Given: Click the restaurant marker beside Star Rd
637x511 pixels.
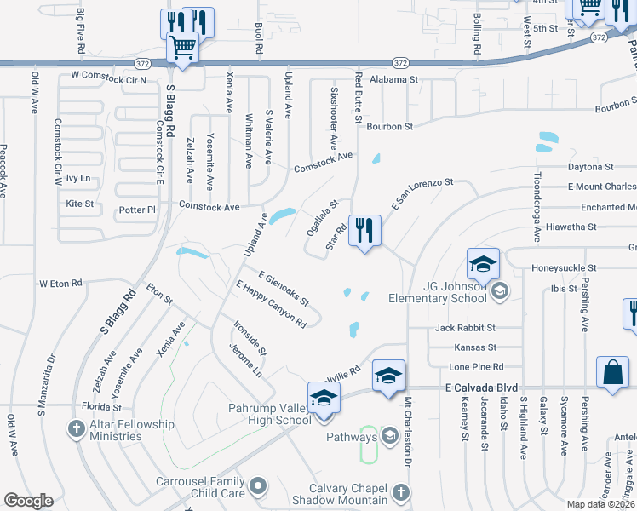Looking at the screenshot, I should pyautogui.click(x=364, y=230).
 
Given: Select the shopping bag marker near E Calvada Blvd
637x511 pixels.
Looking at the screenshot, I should pyautogui.click(x=613, y=372).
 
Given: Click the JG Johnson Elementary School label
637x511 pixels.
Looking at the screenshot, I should pyautogui.click(x=437, y=292).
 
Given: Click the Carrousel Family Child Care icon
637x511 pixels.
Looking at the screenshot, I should pyautogui.click(x=258, y=486).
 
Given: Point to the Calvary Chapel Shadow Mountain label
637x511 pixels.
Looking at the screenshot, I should pyautogui.click(x=344, y=494).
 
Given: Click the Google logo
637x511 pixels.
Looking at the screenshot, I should pyautogui.click(x=28, y=501).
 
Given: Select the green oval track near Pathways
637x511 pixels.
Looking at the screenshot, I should pyautogui.click(x=369, y=445).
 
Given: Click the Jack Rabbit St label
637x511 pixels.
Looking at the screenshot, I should pyautogui.click(x=465, y=328).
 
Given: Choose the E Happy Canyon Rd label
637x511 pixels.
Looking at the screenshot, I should pyautogui.click(x=271, y=304).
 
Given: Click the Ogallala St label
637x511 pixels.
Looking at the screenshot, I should pyautogui.click(x=323, y=217).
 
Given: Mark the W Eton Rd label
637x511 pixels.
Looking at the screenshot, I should pyautogui.click(x=60, y=283).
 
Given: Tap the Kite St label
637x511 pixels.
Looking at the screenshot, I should pyautogui.click(x=79, y=204).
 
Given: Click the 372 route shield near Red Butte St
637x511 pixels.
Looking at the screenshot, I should pyautogui.click(x=399, y=63).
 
